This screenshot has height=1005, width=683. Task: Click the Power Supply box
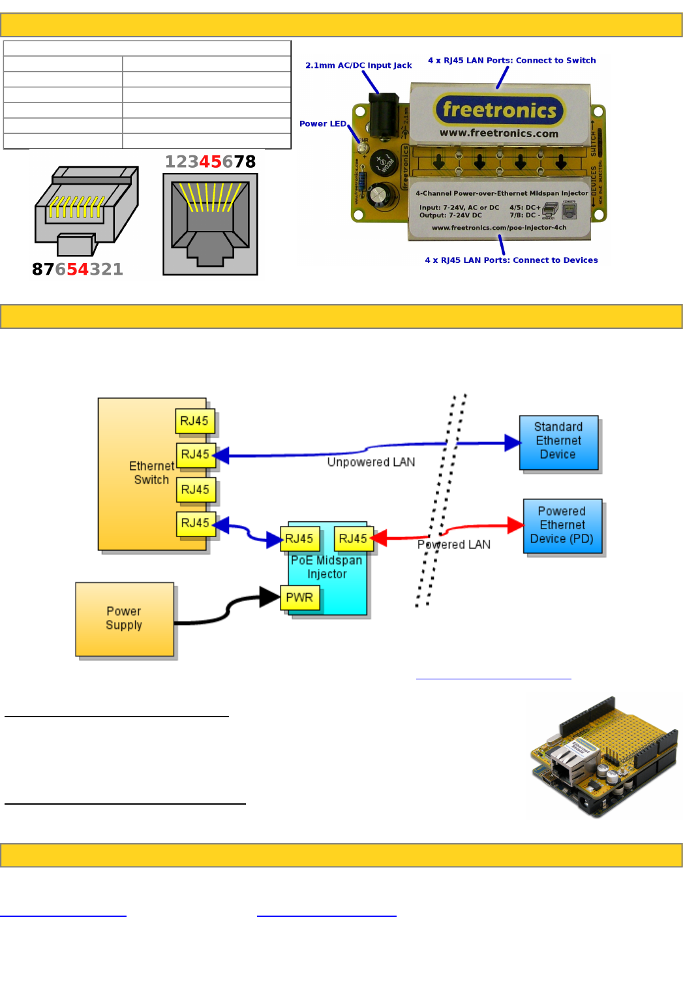pyautogui.click(x=125, y=619)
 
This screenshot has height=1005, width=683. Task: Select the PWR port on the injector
pyautogui.click(x=299, y=597)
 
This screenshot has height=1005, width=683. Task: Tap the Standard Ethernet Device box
pyautogui.click(x=558, y=442)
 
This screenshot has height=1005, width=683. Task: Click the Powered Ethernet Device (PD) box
pyautogui.click(x=562, y=525)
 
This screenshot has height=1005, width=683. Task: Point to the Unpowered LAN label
pyautogui.click(x=371, y=462)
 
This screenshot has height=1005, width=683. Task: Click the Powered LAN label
pyautogui.click(x=454, y=544)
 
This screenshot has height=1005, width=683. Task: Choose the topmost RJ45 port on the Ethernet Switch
pyautogui.click(x=194, y=421)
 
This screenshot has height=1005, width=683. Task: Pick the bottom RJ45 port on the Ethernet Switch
pyautogui.click(x=195, y=523)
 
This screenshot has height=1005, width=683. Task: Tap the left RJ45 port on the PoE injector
pyautogui.click(x=299, y=538)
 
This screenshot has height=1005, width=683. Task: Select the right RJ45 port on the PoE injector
pyautogui.click(x=353, y=538)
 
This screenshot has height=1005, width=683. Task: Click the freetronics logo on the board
pyautogui.click(x=500, y=110)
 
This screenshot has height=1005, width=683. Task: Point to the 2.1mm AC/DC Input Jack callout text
pyautogui.click(x=358, y=65)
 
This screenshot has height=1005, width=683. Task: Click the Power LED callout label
pyautogui.click(x=323, y=123)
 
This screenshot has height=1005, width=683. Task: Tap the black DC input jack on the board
pyautogui.click(x=383, y=116)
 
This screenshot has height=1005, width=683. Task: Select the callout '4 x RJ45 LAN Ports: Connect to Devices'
pyautogui.click(x=511, y=260)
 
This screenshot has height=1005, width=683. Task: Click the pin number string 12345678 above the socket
pyautogui.click(x=210, y=161)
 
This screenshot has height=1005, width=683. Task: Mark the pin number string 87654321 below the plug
pyautogui.click(x=78, y=269)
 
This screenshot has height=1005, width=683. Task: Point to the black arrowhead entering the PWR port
pyautogui.click(x=269, y=596)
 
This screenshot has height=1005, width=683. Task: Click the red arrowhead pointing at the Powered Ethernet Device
pyautogui.click(x=516, y=525)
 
